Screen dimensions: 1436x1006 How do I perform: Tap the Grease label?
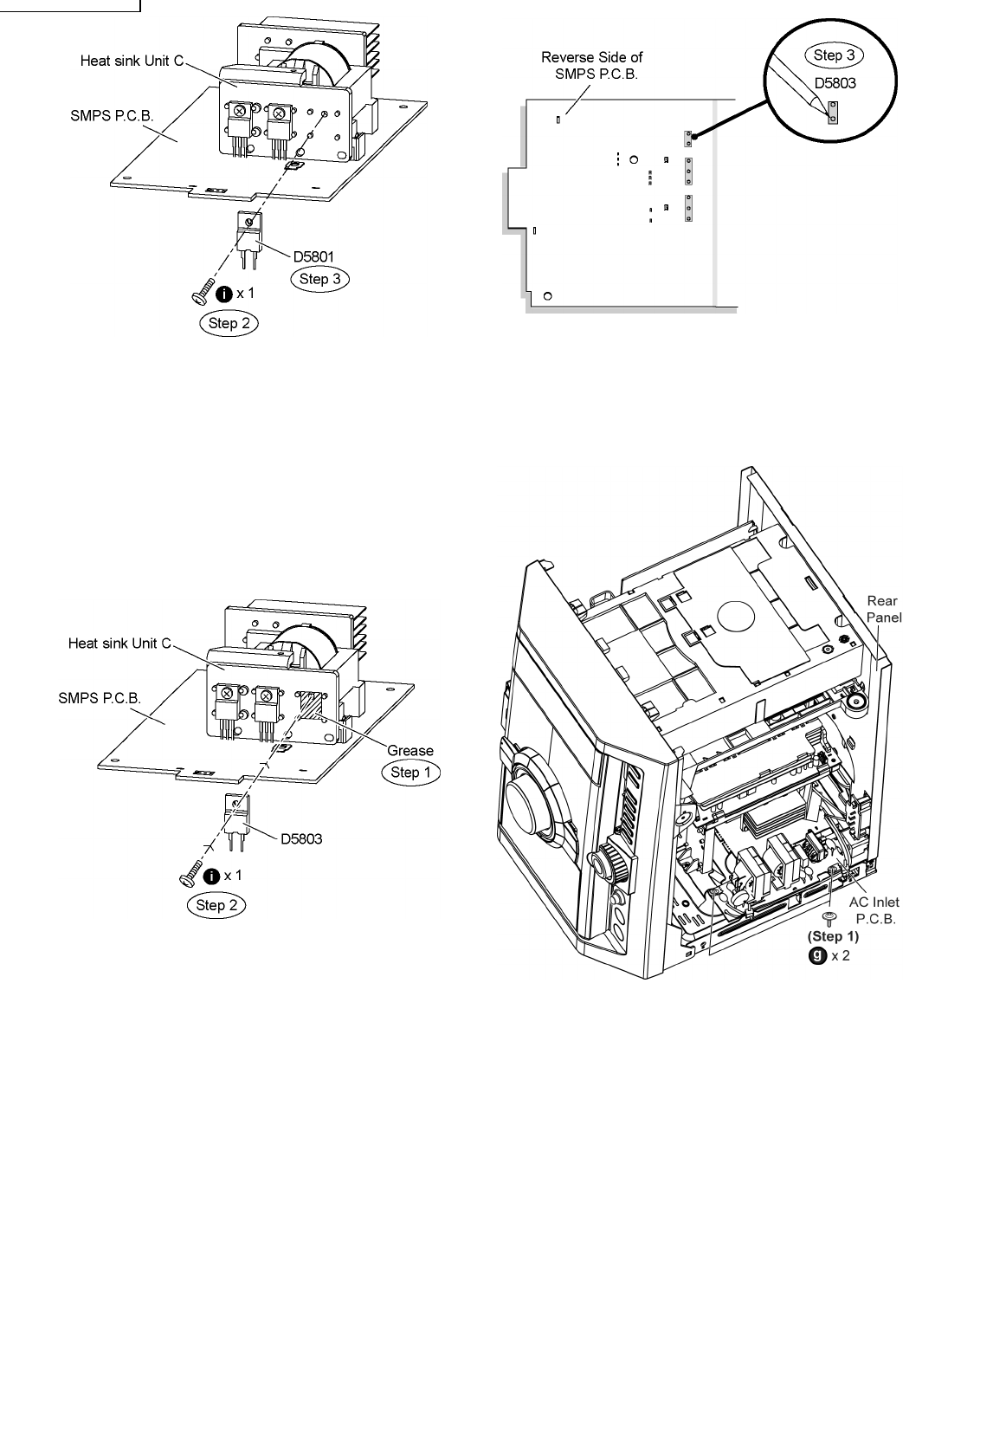(x=410, y=750)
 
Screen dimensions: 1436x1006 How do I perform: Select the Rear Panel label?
(x=883, y=609)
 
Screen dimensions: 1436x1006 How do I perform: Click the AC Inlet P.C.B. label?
(x=874, y=910)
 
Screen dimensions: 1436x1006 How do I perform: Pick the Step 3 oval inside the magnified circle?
(x=829, y=55)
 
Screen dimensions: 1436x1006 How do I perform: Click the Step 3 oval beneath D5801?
(x=320, y=279)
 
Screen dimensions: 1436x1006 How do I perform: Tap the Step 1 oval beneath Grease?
(x=411, y=773)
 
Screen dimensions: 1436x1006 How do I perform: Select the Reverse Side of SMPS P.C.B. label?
(x=592, y=65)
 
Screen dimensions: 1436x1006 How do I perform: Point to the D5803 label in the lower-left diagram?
(x=300, y=839)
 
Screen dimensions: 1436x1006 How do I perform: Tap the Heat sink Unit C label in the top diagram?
(x=132, y=61)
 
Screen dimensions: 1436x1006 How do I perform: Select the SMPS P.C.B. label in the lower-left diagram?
(x=100, y=697)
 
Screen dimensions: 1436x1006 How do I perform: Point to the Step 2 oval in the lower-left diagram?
(x=216, y=906)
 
